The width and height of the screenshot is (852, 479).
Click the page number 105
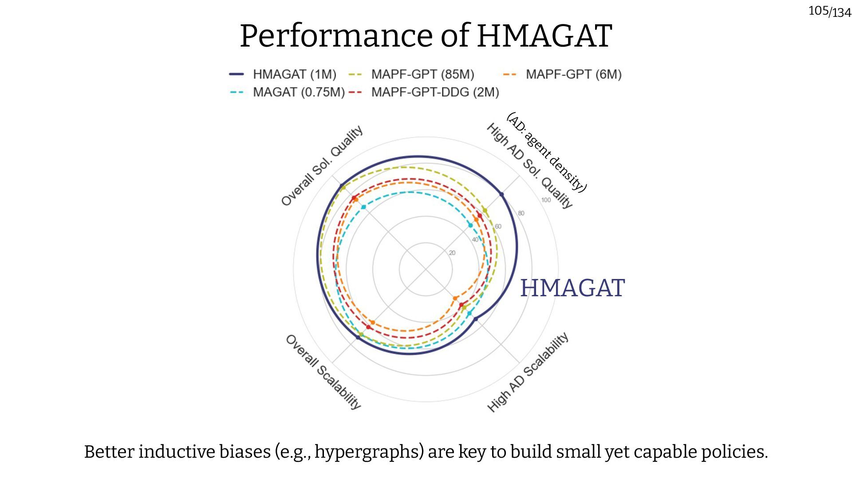(818, 10)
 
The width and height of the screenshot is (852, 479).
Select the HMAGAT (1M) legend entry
(294, 74)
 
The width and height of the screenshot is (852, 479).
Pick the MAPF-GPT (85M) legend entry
(422, 74)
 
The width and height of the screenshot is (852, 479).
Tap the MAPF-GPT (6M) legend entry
(573, 74)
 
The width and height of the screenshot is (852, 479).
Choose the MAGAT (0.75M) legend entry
(298, 92)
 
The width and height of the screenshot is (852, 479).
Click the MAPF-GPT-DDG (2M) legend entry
(434, 92)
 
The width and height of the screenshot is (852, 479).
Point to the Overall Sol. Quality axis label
(322, 165)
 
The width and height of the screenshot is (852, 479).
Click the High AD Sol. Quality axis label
(529, 165)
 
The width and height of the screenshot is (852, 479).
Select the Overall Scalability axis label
(323, 372)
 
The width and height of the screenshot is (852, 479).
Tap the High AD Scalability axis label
(528, 372)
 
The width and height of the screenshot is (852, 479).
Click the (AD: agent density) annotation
(547, 152)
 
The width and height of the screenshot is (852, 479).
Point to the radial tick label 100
(546, 200)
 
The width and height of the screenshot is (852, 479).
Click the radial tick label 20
(452, 253)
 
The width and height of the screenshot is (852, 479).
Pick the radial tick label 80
(521, 213)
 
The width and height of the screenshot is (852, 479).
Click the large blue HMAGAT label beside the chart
(572, 288)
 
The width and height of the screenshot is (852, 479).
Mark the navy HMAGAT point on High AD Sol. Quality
(501, 194)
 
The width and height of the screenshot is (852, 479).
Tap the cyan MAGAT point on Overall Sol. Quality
(363, 207)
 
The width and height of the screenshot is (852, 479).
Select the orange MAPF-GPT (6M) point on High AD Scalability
(455, 298)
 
